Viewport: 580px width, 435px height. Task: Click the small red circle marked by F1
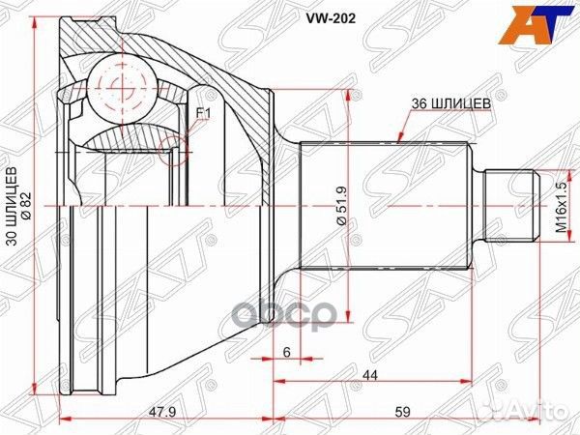tap(173, 146)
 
